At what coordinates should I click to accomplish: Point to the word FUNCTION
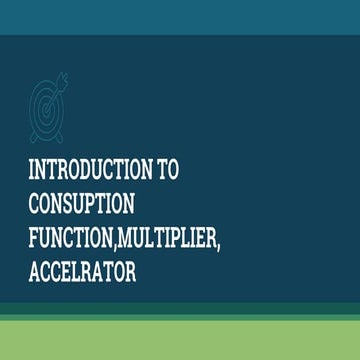tap(70, 240)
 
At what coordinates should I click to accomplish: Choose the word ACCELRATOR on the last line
tap(82, 273)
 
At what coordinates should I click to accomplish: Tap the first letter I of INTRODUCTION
tap(34, 171)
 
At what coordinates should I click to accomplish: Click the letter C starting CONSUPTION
tap(36, 205)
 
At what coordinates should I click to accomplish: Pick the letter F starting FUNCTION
tap(35, 240)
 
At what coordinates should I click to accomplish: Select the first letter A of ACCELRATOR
tap(36, 273)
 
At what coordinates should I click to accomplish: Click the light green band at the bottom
tap(180, 340)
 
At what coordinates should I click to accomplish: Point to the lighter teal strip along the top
tap(180, 16)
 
